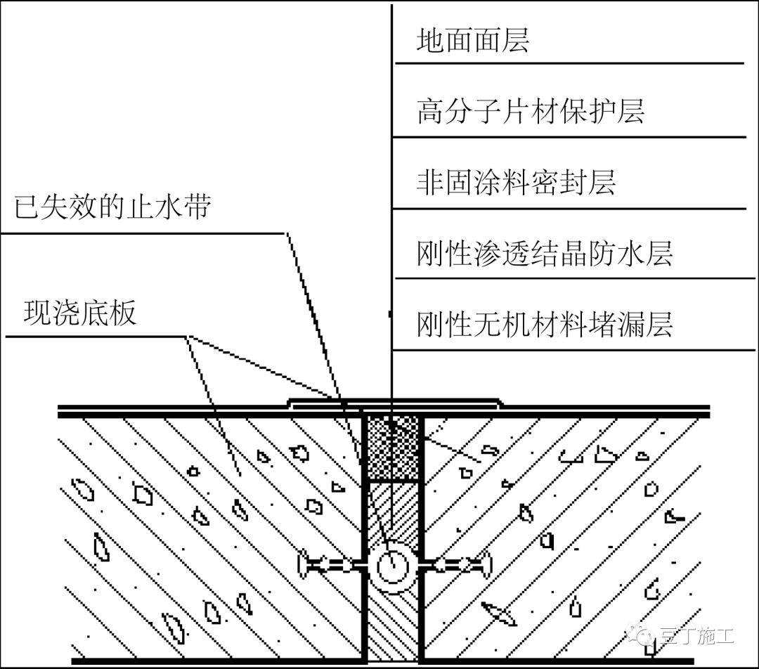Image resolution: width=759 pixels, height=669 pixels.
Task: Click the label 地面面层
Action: [472, 41]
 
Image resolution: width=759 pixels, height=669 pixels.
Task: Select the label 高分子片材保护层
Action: [531, 112]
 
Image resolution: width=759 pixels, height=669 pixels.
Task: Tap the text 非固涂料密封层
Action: [516, 183]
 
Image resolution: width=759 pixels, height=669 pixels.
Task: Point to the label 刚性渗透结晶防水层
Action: [545, 254]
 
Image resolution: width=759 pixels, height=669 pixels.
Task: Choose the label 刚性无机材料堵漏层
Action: [545, 325]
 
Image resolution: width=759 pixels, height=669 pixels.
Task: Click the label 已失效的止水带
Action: [112, 207]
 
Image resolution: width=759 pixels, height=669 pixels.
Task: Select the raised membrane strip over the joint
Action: [394, 401]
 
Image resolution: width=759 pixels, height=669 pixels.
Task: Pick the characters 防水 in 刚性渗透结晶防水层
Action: [616, 254]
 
